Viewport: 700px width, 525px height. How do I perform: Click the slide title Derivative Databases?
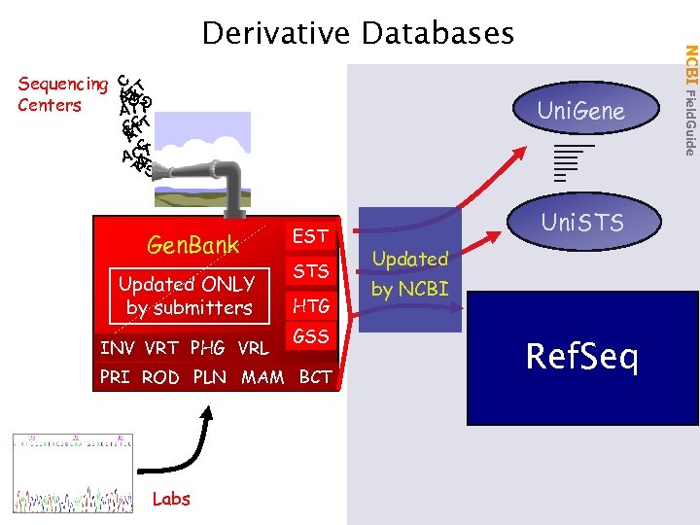click(357, 34)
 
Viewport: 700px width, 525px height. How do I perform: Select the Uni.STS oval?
click(581, 224)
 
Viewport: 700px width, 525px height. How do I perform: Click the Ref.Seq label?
click(581, 357)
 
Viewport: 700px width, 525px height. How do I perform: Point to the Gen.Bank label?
click(192, 245)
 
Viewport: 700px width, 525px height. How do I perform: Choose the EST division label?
click(310, 236)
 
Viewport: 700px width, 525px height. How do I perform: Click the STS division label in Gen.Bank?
click(311, 271)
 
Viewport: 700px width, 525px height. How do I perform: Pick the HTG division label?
click(311, 306)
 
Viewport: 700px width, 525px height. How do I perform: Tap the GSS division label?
click(311, 337)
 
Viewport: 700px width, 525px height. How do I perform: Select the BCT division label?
click(315, 377)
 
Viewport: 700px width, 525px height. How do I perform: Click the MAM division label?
click(262, 377)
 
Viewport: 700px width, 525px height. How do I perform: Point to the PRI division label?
click(115, 377)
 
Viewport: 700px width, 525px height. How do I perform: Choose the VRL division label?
click(252, 348)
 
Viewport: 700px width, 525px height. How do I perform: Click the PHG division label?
click(206, 348)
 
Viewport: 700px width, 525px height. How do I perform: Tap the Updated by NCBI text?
click(410, 274)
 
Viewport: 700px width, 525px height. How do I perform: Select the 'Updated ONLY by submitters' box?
click(187, 296)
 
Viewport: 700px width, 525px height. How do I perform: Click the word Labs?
click(171, 499)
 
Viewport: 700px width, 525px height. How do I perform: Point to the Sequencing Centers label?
click(62, 94)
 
